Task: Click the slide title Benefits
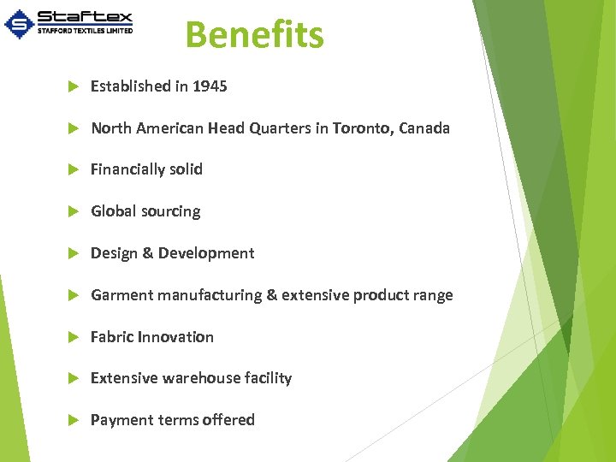point(254,35)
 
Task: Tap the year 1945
point(210,86)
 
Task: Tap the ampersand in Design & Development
point(147,253)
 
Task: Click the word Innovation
point(176,337)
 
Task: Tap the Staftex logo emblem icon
point(19,24)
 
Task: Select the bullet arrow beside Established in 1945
point(73,86)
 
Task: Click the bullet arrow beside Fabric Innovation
point(73,337)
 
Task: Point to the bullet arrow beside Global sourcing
point(73,211)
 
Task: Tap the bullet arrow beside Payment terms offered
point(73,420)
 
